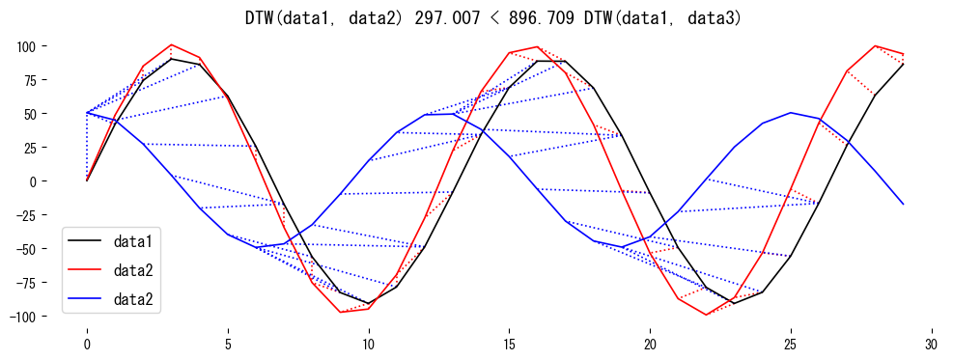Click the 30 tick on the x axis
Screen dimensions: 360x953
pos(932,343)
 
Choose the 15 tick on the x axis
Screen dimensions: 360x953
pos(509,343)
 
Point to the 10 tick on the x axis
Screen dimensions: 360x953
pos(368,343)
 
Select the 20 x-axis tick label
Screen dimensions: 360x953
pos(650,343)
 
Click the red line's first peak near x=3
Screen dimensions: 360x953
pos(171,45)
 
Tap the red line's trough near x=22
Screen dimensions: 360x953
pos(707,315)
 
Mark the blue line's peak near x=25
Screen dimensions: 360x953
pos(791,113)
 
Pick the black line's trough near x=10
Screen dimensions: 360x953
pos(368,303)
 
